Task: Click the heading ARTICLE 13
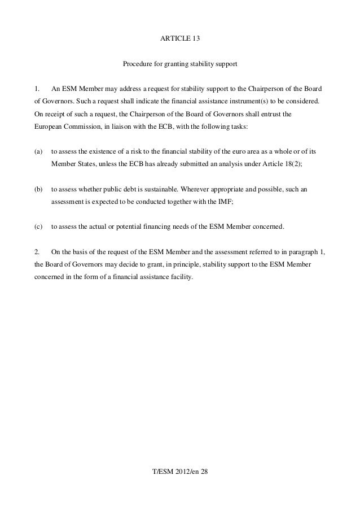coord(180,39)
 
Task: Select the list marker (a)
coord(38,152)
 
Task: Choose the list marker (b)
coord(38,189)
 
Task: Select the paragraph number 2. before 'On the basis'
coord(37,252)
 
